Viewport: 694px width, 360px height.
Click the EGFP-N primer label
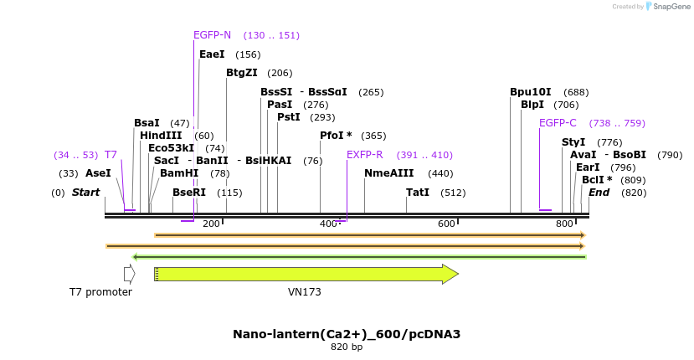[212, 35]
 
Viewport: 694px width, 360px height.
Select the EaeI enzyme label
[212, 54]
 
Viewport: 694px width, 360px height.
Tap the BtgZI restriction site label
[242, 73]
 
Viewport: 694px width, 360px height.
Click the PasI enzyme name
[280, 105]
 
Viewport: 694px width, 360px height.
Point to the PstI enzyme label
[288, 117]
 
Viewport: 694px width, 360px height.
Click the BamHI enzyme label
[179, 173]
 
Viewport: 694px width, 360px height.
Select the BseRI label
[188, 193]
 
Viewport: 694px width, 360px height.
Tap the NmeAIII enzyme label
[388, 173]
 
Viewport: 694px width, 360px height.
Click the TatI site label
[418, 193]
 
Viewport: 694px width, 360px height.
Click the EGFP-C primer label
[558, 123]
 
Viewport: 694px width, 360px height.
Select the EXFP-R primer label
[364, 155]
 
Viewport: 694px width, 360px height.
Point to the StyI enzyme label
[573, 142]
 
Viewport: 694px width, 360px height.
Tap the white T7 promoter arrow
[129, 274]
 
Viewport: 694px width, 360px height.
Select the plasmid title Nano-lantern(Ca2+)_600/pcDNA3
[347, 334]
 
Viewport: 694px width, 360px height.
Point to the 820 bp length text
[347, 347]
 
